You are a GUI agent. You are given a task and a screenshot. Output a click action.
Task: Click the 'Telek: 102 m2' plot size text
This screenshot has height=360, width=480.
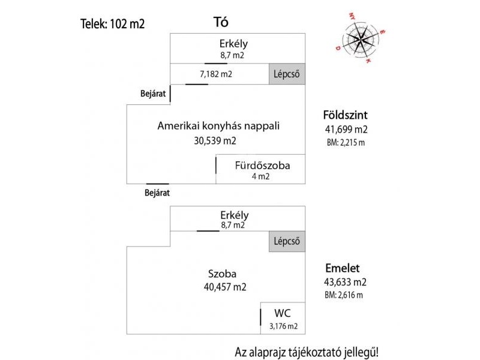(112, 24)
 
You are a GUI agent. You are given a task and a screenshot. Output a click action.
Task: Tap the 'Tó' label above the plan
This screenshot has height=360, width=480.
(221, 22)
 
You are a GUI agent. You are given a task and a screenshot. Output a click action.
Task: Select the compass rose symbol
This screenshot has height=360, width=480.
(361, 38)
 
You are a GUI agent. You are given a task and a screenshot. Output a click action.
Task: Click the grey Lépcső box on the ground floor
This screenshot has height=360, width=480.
(287, 74)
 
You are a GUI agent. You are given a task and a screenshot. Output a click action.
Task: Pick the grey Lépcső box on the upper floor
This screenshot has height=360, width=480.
(287, 241)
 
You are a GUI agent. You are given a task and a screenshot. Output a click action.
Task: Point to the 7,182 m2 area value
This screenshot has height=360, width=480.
(216, 74)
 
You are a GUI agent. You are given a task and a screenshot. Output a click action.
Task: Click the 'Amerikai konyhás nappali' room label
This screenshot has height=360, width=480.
(218, 126)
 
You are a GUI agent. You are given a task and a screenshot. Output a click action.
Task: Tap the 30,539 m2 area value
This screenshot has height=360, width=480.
(215, 141)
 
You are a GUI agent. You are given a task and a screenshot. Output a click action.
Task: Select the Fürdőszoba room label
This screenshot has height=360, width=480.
(262, 166)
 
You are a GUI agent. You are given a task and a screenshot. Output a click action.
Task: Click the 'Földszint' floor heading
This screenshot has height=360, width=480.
(346, 115)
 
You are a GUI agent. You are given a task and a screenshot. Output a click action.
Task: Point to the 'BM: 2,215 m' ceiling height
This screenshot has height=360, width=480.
(346, 143)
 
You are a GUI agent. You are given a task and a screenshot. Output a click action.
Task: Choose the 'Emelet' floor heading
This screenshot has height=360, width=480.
(342, 268)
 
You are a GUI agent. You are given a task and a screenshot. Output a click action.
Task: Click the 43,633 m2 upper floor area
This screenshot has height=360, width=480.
(346, 282)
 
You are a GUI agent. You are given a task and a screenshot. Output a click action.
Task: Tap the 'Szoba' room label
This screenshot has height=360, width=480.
(222, 274)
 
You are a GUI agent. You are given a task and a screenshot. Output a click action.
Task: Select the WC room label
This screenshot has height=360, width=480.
(282, 313)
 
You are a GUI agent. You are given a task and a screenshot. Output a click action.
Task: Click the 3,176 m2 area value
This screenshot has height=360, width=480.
(283, 326)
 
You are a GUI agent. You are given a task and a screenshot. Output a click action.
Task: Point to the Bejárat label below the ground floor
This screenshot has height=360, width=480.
(157, 193)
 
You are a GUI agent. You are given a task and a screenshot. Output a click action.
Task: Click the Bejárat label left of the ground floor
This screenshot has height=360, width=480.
(153, 94)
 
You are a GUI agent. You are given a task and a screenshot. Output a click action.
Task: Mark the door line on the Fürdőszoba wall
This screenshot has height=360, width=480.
(216, 166)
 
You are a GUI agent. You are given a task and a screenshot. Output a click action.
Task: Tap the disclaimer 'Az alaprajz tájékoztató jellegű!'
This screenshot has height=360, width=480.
(307, 352)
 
